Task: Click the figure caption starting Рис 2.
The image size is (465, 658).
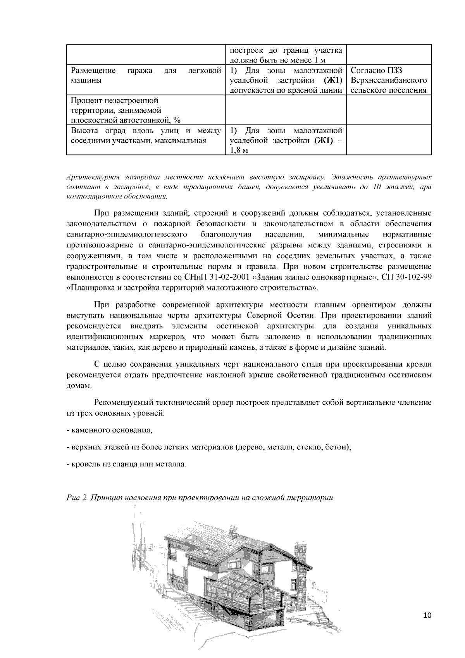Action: pos(199,497)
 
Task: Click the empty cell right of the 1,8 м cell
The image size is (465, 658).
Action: pos(389,140)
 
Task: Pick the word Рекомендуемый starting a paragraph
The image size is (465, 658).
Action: pos(122,402)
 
